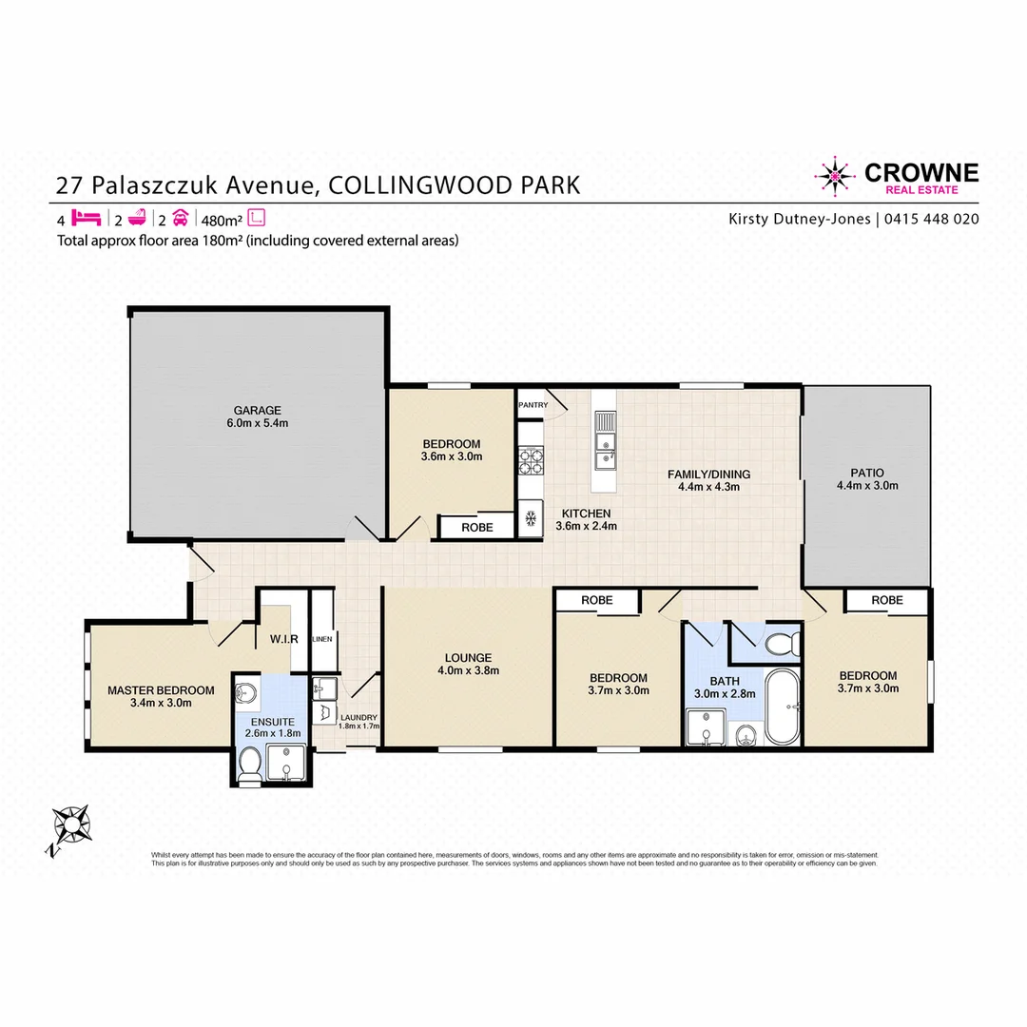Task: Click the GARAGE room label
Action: pos(245,411)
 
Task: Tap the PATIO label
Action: pos(866,473)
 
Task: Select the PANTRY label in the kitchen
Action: pos(533,405)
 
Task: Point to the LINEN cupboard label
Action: pos(321,639)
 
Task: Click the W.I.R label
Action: pos(284,639)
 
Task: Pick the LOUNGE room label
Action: pos(468,657)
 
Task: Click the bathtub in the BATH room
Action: pos(785,706)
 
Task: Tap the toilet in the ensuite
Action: pos(250,765)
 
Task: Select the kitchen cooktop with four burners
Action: pos(531,462)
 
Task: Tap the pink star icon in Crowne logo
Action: pos(835,174)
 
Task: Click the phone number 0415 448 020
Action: pos(932,219)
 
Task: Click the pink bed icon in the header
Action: pos(87,218)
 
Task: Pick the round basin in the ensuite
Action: pos(246,692)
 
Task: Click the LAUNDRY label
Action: pos(358,717)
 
